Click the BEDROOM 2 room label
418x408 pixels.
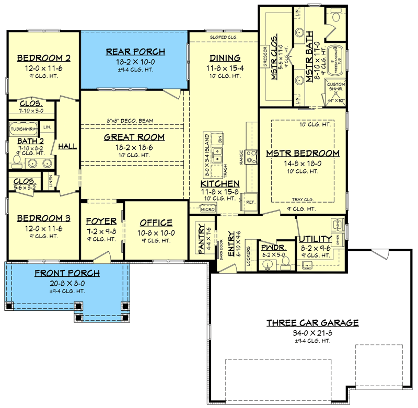44,57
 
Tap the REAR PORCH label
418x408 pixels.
135,52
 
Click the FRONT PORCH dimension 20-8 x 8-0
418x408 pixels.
67,283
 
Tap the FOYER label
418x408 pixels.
101,221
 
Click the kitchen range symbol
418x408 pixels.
251,155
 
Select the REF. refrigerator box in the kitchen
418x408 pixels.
250,202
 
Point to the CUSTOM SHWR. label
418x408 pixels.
335,87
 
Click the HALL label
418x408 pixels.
67,146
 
